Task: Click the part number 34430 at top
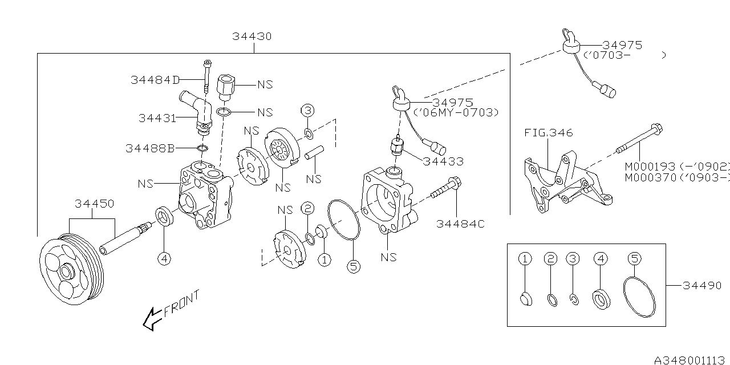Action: pyautogui.click(x=252, y=36)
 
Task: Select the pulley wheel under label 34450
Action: pyautogui.click(x=69, y=269)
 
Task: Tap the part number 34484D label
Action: pyautogui.click(x=155, y=80)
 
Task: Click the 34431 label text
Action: pyautogui.click(x=158, y=118)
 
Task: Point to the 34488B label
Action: pyautogui.click(x=149, y=148)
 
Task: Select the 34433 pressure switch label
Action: pyautogui.click(x=443, y=161)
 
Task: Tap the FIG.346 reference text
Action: pyautogui.click(x=548, y=133)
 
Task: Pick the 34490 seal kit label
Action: pyautogui.click(x=701, y=285)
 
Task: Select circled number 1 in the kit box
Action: pyautogui.click(x=525, y=258)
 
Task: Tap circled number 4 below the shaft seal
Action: pyautogui.click(x=164, y=258)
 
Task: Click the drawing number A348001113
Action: pyautogui.click(x=691, y=359)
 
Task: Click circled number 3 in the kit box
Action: pyautogui.click(x=573, y=258)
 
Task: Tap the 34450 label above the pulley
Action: pyautogui.click(x=95, y=204)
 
